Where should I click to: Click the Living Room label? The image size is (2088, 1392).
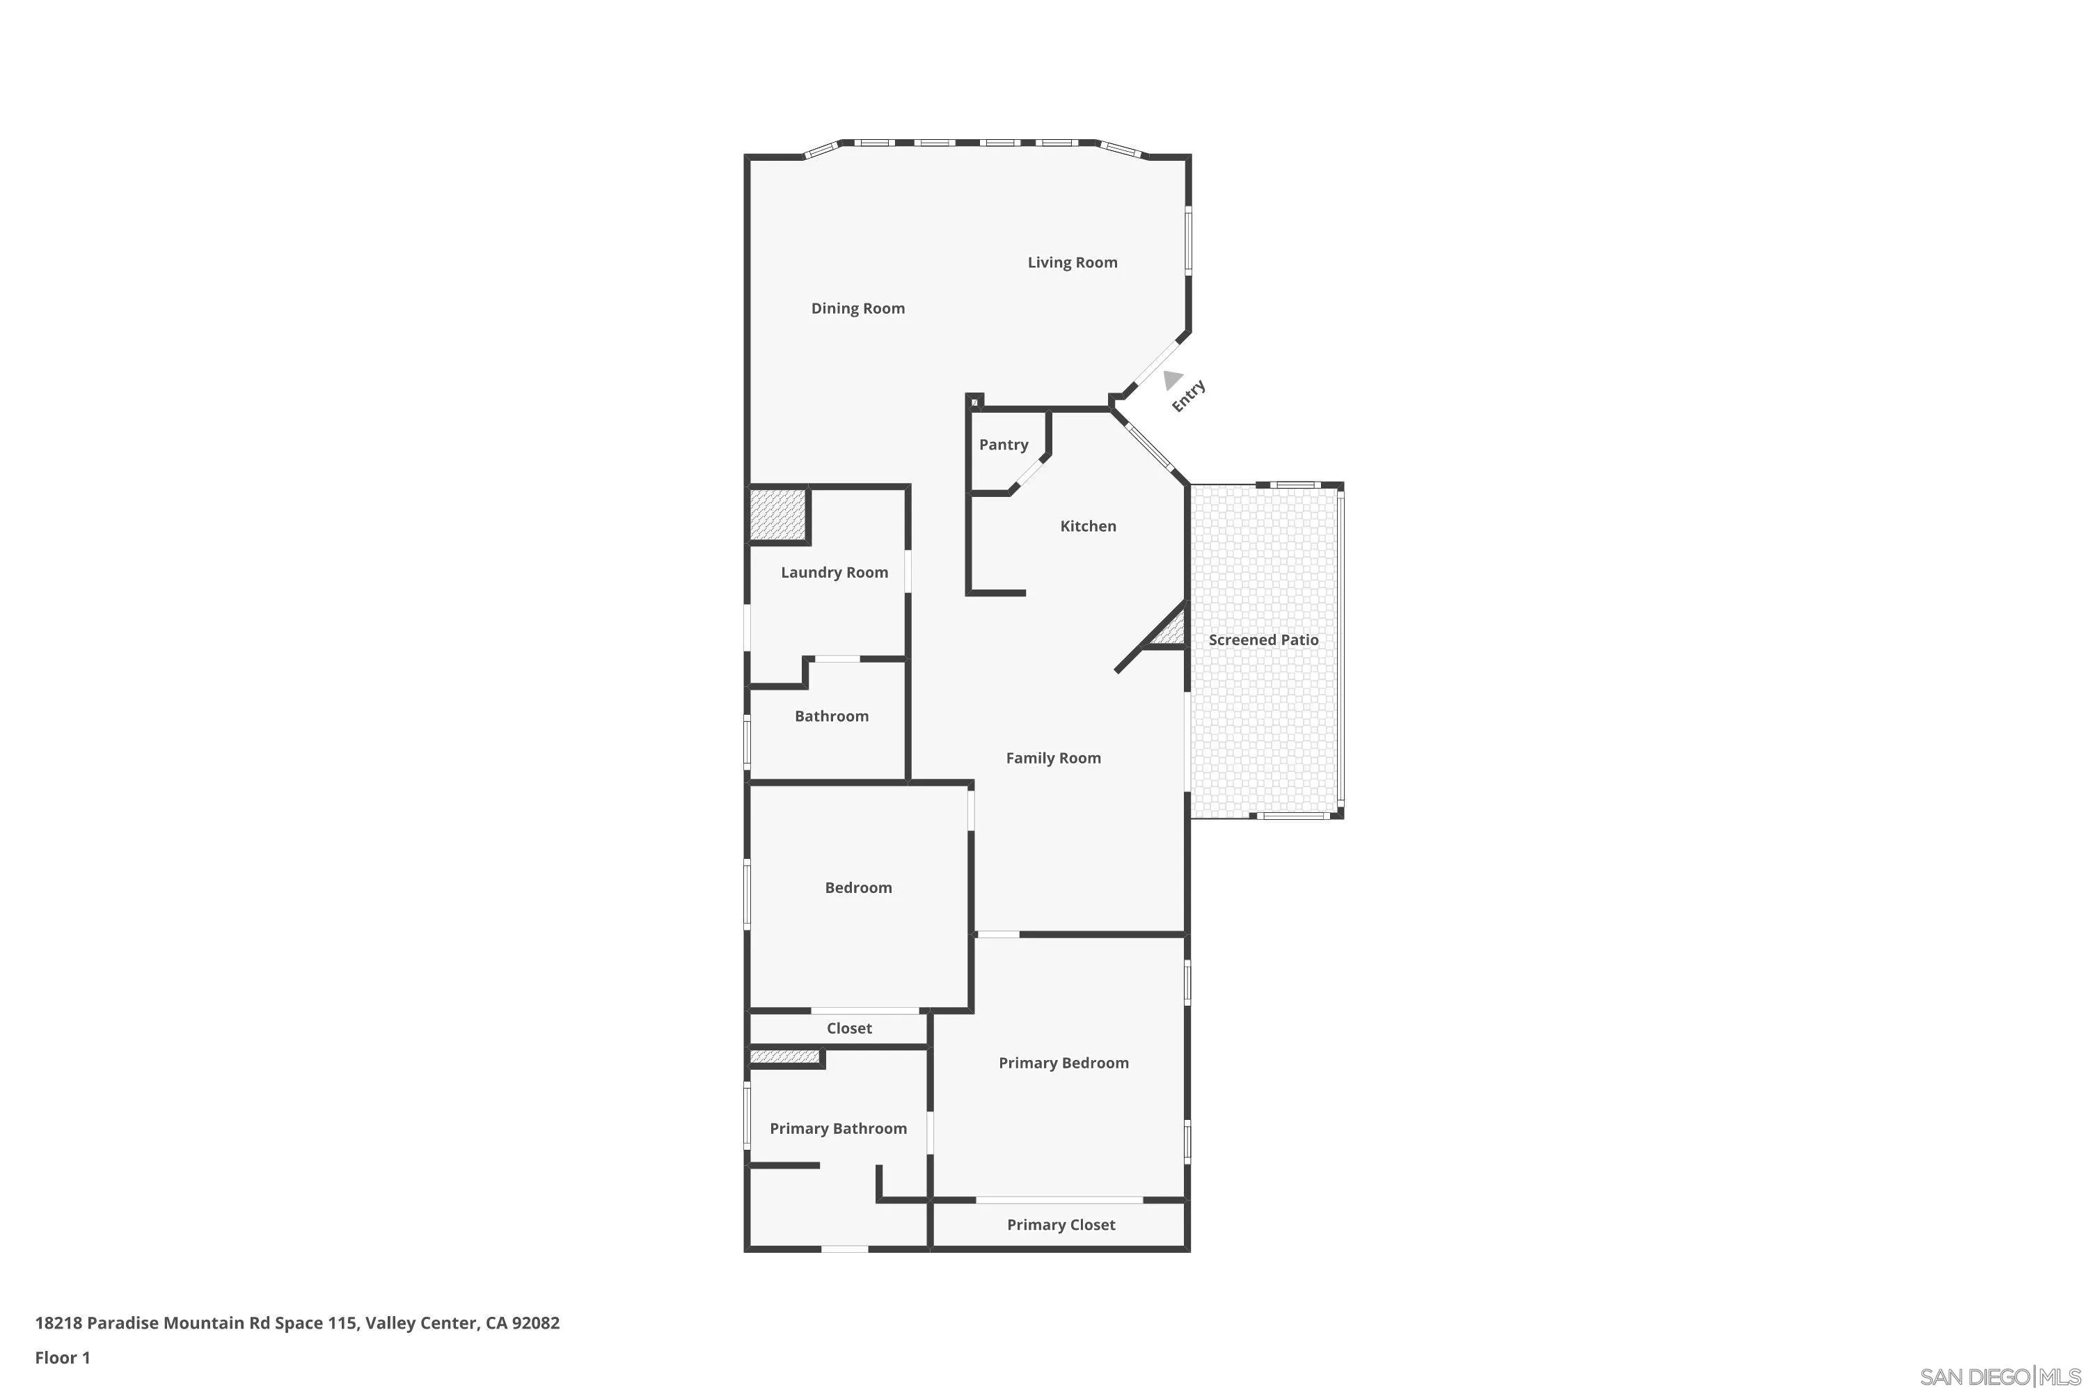point(1072,263)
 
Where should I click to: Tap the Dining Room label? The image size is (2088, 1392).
point(857,309)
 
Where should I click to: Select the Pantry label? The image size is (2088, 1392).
point(1003,445)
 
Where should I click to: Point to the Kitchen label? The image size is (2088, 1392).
point(1087,526)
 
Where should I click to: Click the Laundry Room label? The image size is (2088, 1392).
point(834,573)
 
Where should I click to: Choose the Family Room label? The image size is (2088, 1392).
point(1053,758)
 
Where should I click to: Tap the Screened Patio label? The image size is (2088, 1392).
point(1263,640)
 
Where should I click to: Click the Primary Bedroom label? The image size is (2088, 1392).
point(1063,1063)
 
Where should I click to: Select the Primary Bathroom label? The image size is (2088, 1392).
point(837,1129)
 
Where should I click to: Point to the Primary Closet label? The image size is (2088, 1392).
point(1060,1225)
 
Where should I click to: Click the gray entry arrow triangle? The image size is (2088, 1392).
point(1172,380)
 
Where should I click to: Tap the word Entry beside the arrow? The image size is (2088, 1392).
point(1188,396)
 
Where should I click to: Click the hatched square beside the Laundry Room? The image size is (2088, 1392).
point(777,515)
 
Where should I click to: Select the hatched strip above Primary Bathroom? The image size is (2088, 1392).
point(784,1057)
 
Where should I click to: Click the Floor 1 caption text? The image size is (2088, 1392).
point(62,1357)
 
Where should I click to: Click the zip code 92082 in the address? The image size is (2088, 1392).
point(535,1323)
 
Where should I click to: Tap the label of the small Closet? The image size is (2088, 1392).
point(848,1029)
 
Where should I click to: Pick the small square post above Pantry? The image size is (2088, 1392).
point(974,402)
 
